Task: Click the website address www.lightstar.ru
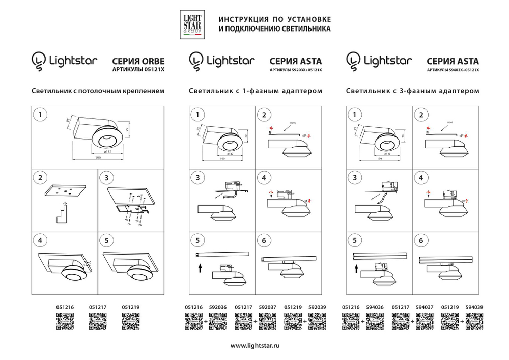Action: [255, 346]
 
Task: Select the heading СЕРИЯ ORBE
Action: [138, 60]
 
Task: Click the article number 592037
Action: [268, 308]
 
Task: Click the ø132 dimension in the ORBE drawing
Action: [107, 151]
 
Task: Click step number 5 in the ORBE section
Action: [106, 240]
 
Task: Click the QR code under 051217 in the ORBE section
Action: [97, 321]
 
